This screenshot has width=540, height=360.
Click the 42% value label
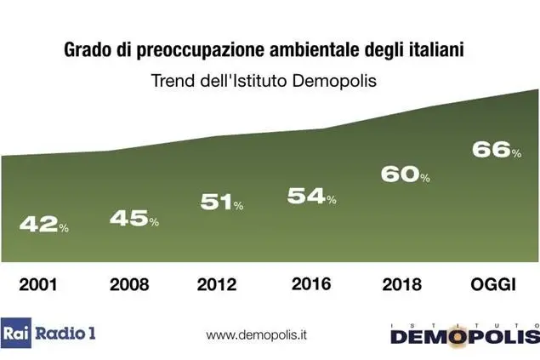(x=43, y=225)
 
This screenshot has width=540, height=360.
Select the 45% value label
(x=134, y=219)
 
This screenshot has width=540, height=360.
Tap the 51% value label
(x=222, y=203)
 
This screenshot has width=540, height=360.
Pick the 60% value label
(x=405, y=174)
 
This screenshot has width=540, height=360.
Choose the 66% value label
(x=496, y=151)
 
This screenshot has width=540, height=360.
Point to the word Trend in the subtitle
(x=173, y=82)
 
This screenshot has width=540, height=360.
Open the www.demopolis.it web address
(x=257, y=334)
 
